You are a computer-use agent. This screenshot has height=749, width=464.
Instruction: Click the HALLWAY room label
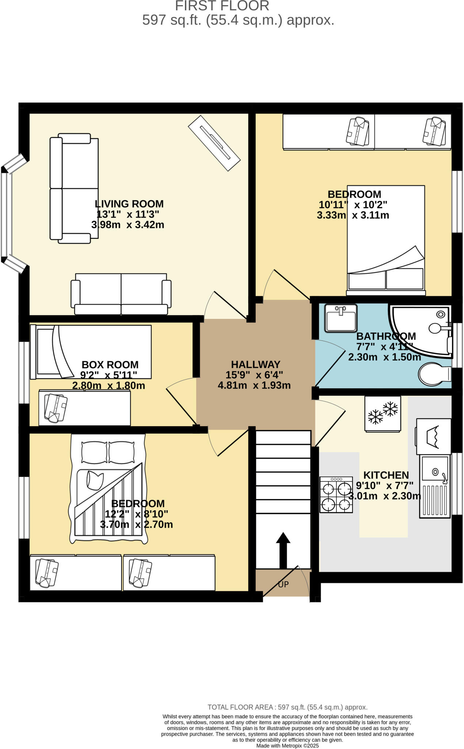(255, 364)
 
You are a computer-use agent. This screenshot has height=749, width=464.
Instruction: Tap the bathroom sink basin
(341, 318)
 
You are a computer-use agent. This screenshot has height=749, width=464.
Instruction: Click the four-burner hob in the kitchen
(336, 494)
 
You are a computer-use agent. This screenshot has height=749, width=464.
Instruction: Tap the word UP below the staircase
(283, 584)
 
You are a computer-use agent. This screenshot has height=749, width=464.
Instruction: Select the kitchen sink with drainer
(435, 486)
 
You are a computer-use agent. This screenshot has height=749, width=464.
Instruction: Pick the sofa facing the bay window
(74, 188)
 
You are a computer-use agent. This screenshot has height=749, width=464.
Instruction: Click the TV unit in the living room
(214, 143)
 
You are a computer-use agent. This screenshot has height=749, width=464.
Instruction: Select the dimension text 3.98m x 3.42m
(128, 225)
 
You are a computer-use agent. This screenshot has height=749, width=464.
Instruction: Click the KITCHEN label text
(386, 475)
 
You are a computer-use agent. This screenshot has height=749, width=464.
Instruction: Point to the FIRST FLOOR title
(222, 6)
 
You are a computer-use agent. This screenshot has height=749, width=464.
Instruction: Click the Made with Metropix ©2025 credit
(287, 746)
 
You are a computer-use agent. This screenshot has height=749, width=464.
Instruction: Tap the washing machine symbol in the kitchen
(433, 436)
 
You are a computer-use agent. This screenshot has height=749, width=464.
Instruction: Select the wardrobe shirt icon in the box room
(56, 408)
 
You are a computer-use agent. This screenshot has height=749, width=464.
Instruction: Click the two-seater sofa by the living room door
(121, 294)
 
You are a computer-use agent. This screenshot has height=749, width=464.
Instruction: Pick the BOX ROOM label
(110, 365)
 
